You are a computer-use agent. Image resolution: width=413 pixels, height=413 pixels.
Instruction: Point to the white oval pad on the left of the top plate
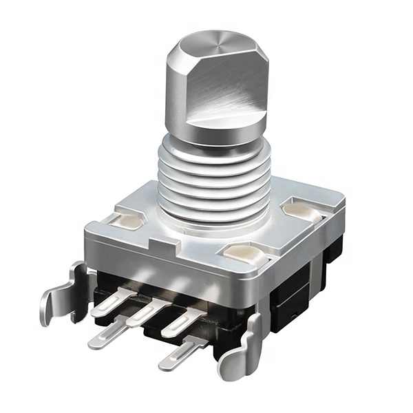tap(128, 220)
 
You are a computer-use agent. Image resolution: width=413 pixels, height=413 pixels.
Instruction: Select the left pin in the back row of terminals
tap(113, 302)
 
